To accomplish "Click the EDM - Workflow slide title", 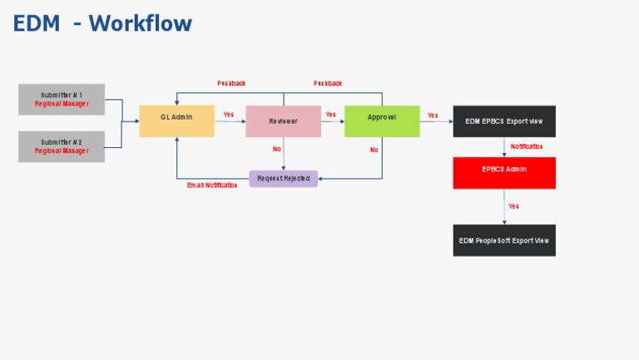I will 102,23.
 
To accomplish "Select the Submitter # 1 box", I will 62,100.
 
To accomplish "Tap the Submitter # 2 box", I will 62,146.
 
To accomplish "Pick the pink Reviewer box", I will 283,121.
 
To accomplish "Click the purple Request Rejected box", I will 283,179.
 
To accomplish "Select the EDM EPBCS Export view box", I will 504,121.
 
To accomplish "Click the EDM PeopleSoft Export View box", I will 504,240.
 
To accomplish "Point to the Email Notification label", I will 212,185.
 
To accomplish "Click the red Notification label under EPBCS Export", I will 527,146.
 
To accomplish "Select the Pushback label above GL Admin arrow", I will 231,83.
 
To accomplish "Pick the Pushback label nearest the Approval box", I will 328,83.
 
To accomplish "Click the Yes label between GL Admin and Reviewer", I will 229,115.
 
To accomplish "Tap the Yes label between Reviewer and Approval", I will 331,115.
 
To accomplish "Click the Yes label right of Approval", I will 433,116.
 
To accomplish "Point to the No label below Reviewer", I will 277,150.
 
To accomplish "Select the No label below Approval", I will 374,150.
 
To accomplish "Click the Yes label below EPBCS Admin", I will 513,206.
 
